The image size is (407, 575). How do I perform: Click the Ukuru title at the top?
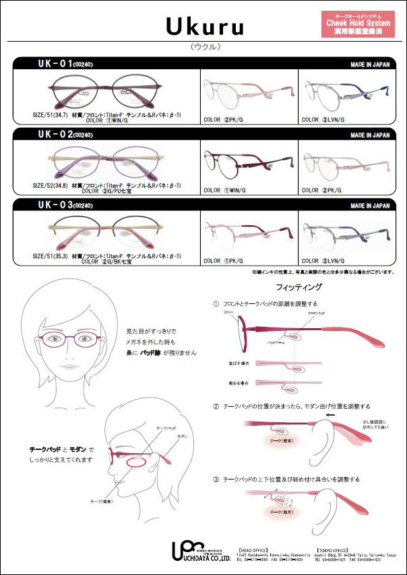tap(203, 26)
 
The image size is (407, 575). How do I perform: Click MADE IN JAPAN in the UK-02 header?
tap(370, 135)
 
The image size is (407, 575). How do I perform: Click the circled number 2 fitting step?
tap(216, 406)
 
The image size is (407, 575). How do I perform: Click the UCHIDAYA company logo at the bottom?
tap(201, 551)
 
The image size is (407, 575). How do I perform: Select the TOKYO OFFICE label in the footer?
tap(326, 540)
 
